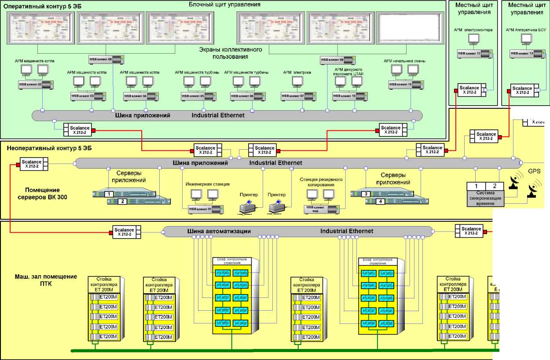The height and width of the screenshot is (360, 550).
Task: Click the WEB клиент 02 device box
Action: click(36, 84)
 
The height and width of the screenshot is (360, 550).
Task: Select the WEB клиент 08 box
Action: click(106, 59)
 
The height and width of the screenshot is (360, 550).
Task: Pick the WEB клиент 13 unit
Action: click(528, 53)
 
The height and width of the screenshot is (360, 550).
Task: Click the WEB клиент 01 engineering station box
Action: click(205, 209)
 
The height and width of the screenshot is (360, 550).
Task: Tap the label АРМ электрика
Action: click(297, 72)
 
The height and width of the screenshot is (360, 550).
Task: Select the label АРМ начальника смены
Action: click(404, 61)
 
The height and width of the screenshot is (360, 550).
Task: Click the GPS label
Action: click(533, 171)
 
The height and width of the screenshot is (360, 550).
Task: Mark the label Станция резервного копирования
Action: click(321, 182)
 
